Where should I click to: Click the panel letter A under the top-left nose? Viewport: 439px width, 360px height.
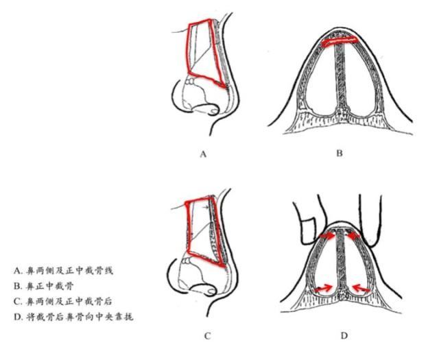(x=203, y=154)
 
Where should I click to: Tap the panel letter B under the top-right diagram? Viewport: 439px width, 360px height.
(x=339, y=154)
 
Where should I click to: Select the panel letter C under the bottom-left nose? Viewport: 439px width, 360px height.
(x=206, y=335)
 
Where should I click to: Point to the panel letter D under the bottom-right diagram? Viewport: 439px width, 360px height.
(x=344, y=335)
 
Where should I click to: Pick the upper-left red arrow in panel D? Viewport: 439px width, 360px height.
(x=327, y=237)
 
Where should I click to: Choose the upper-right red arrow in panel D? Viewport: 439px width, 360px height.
(x=356, y=237)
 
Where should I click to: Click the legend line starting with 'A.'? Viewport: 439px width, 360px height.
(x=62, y=270)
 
